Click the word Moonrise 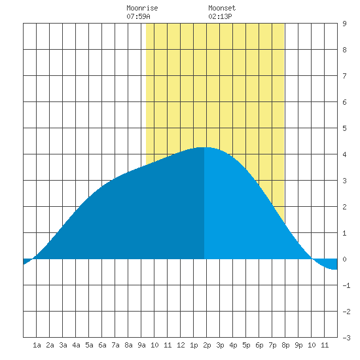(x=142, y=8)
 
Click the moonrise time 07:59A (x=138, y=16)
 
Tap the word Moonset (x=222, y=8)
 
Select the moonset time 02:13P (x=220, y=16)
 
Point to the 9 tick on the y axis (x=344, y=24)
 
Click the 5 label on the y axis (x=344, y=128)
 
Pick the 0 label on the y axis (x=344, y=259)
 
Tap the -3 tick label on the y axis (x=346, y=338)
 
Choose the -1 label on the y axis (x=346, y=285)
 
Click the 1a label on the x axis (x=37, y=345)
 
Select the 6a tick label (x=102, y=345)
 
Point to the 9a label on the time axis (x=141, y=345)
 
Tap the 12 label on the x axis (x=181, y=345)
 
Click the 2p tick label (x=207, y=345)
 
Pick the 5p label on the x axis (x=246, y=345)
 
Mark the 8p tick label (x=285, y=345)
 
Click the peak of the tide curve (x=204, y=147)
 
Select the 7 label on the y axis (x=344, y=76)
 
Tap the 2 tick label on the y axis (x=344, y=207)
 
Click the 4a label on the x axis (x=76, y=345)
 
